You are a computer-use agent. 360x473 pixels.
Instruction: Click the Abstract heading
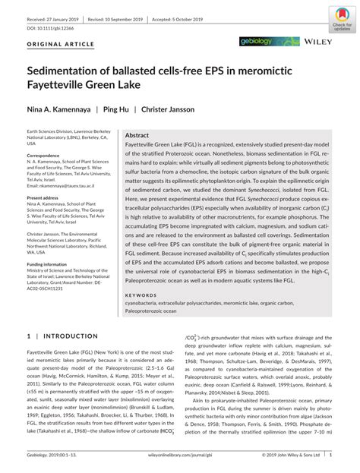pyautogui.click(x=137, y=134)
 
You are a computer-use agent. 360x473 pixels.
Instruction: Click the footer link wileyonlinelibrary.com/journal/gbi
pyautogui.click(x=180, y=456)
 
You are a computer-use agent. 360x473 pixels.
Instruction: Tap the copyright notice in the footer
pyautogui.click(x=289, y=456)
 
